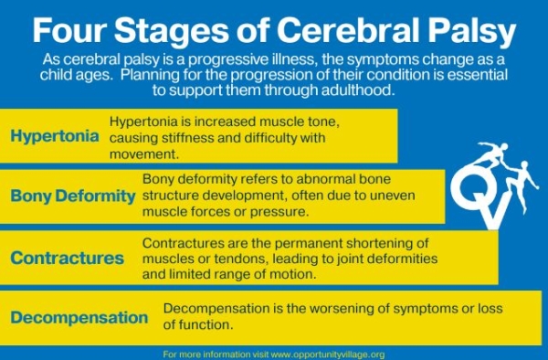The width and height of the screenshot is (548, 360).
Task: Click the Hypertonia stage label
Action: point(55,136)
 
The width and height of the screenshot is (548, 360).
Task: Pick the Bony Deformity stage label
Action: point(73,196)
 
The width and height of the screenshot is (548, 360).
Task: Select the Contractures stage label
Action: point(68,258)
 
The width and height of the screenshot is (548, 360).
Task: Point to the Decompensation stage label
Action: point(79,318)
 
